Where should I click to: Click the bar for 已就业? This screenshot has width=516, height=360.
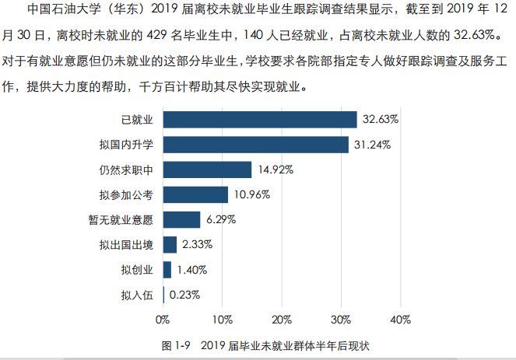259,119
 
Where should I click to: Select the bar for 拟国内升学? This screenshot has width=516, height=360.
255,145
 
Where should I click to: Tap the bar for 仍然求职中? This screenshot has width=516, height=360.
207,170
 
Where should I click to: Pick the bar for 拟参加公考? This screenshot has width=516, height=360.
195,194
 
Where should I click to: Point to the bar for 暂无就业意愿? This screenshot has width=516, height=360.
181,219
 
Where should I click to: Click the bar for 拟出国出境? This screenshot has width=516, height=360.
170,245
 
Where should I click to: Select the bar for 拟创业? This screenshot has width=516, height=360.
167,270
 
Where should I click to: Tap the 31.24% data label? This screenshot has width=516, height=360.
371,145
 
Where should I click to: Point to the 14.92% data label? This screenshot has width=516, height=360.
275,170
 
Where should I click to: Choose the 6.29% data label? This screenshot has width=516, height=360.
222,219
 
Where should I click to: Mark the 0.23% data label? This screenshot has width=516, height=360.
184,295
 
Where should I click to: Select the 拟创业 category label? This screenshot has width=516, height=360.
138,270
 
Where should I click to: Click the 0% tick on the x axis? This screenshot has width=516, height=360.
163,319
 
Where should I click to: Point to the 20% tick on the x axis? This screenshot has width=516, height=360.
281,319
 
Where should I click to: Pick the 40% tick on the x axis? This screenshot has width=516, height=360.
399,319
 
